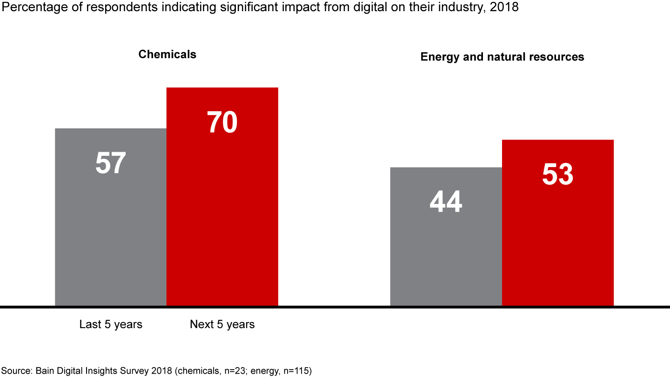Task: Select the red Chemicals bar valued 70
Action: click(x=222, y=209)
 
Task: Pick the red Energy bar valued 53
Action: click(x=557, y=233)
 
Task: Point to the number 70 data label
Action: click(x=222, y=123)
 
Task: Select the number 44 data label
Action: click(x=446, y=202)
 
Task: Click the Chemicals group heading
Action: click(x=167, y=54)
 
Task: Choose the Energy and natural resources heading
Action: click(x=502, y=57)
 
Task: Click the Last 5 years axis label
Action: click(x=111, y=324)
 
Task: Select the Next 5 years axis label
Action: click(x=222, y=324)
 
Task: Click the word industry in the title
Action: click(x=456, y=8)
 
